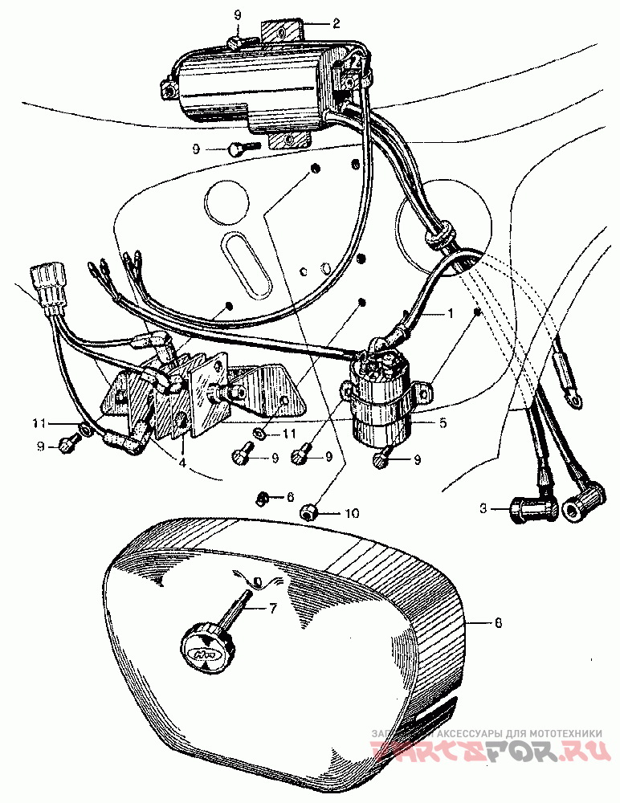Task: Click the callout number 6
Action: pos(292,498)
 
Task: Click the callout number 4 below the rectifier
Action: pos(183,463)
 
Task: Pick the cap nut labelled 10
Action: pos(308,512)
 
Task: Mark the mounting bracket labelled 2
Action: pos(283,31)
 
